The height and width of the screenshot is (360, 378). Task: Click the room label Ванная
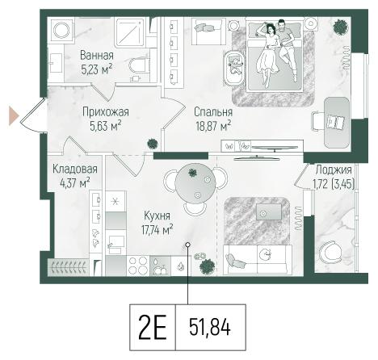(x=97, y=56)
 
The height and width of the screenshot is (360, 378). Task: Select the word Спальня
(x=213, y=112)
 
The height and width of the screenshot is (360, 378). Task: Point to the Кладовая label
(x=74, y=170)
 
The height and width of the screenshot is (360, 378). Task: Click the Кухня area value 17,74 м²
(x=157, y=229)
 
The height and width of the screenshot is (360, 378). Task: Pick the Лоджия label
(x=334, y=170)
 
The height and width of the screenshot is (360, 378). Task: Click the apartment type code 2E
(x=153, y=328)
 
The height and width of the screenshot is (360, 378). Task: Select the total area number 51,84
(x=210, y=327)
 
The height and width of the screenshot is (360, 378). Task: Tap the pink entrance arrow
(x=14, y=115)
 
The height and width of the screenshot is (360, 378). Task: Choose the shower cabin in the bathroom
(x=131, y=32)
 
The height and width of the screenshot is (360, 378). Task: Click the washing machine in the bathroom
(x=61, y=30)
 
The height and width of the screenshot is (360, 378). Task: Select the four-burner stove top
(x=138, y=266)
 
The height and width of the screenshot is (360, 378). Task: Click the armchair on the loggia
(x=329, y=253)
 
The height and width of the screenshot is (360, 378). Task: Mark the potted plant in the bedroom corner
(x=341, y=27)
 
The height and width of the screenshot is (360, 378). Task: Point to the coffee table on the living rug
(x=269, y=211)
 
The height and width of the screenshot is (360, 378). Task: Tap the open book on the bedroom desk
(x=335, y=122)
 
